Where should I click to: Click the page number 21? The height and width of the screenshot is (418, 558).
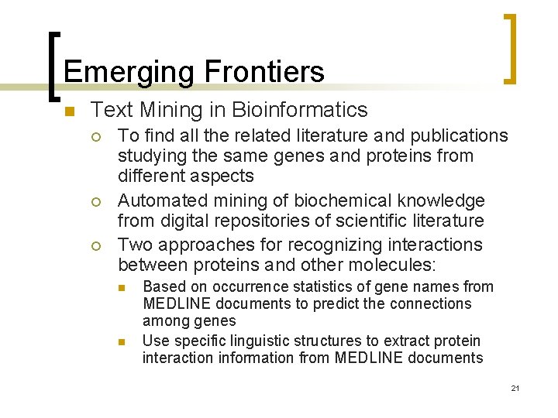(x=515, y=388)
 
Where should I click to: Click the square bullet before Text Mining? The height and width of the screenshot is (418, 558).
(x=68, y=111)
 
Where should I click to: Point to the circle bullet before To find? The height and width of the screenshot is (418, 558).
(x=95, y=137)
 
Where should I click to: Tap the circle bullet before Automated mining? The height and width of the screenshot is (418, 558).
(x=95, y=202)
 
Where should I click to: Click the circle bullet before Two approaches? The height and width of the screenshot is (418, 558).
(x=95, y=245)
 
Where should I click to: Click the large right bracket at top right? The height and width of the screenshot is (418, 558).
(x=510, y=48)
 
